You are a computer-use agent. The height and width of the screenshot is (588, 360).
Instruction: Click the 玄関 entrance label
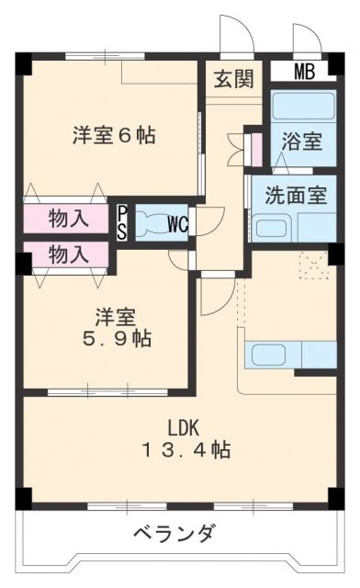click(234, 79)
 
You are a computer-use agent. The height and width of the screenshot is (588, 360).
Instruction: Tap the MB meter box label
click(304, 72)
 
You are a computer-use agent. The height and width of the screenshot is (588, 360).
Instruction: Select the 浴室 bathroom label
click(302, 141)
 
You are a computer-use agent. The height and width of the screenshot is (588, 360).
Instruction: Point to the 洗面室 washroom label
click(297, 196)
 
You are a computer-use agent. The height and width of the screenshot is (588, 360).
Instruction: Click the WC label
click(178, 224)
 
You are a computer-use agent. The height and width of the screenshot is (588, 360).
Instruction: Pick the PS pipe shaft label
click(122, 223)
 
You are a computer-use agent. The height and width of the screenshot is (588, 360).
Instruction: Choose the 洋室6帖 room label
click(115, 135)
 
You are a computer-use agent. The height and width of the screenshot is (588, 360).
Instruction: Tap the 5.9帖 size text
click(117, 339)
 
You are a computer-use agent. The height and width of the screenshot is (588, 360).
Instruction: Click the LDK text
click(183, 428)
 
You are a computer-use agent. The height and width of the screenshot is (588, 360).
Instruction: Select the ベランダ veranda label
click(174, 533)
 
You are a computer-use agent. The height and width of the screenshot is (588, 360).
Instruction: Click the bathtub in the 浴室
click(303, 106)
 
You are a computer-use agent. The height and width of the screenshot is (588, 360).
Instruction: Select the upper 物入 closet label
click(69, 218)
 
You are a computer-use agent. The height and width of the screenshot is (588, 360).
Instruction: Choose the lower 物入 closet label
click(69, 254)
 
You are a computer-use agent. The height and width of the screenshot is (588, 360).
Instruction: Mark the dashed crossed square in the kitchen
click(314, 266)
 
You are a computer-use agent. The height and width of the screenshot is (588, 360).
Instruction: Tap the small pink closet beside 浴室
click(257, 149)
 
